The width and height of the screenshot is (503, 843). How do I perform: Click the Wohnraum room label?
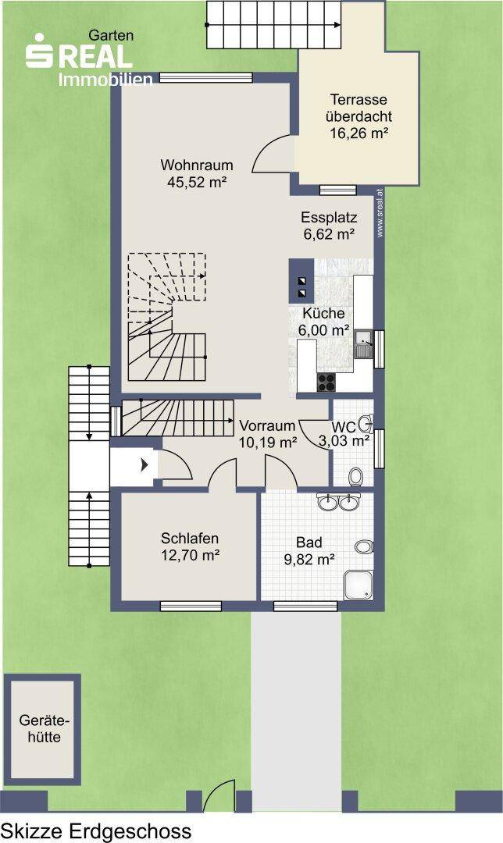196,165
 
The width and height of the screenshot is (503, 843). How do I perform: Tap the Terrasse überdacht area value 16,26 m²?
359,133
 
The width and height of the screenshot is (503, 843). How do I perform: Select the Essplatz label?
329,218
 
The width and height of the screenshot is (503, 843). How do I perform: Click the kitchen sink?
363,343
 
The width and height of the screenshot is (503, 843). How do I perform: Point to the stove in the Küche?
326,382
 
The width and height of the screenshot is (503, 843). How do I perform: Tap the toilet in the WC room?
355,476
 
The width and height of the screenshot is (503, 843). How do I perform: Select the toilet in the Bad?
364,546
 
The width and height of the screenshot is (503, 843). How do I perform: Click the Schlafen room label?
190,538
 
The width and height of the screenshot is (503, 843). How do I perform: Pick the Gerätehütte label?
44,728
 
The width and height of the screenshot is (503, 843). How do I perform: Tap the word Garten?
111,35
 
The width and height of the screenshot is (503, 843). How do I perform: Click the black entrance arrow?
144,465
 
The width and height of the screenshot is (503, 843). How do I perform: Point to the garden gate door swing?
219,795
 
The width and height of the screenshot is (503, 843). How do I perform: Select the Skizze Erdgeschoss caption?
96,831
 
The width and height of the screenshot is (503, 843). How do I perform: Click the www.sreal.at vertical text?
380,213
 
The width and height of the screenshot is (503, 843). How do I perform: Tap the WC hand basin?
367,424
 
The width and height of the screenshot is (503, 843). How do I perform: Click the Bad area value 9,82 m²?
309,560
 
